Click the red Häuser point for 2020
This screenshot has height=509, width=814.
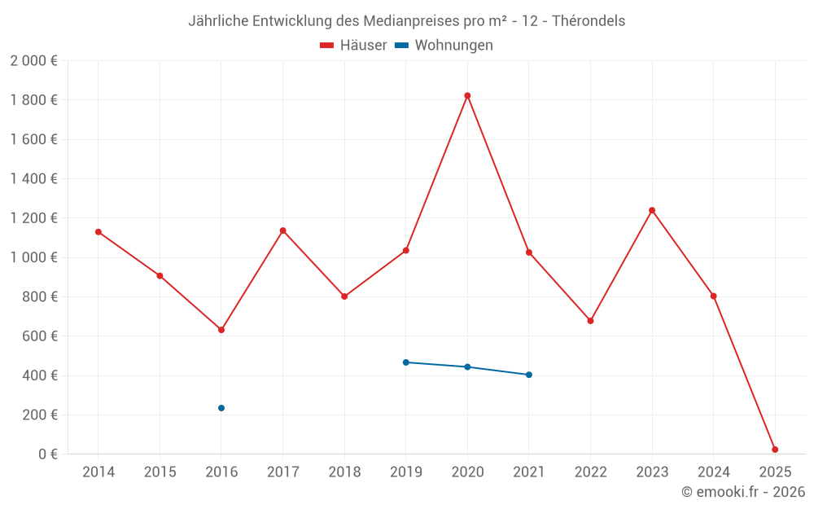click(467, 95)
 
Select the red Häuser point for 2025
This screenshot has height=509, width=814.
click(775, 450)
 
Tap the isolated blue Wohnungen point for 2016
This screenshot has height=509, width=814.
click(221, 408)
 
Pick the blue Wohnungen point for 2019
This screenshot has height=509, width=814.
click(406, 362)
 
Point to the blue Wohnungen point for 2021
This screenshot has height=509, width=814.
click(529, 375)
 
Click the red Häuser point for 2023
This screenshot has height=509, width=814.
click(652, 210)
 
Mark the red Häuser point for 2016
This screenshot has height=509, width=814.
click(221, 330)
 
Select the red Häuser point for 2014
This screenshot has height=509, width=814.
click(98, 232)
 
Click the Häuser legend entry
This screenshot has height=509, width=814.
click(353, 46)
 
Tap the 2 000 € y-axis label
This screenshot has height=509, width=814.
click(33, 61)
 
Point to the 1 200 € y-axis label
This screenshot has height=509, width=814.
click(33, 218)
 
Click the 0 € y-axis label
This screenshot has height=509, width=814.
click(47, 454)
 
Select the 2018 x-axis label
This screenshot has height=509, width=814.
click(344, 472)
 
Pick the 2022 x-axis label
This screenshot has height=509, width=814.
click(590, 472)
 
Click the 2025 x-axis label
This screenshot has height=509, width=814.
click(775, 472)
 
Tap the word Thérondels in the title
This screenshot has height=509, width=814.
click(589, 21)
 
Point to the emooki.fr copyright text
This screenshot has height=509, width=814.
click(743, 492)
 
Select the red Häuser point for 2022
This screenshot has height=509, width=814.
click(590, 321)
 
